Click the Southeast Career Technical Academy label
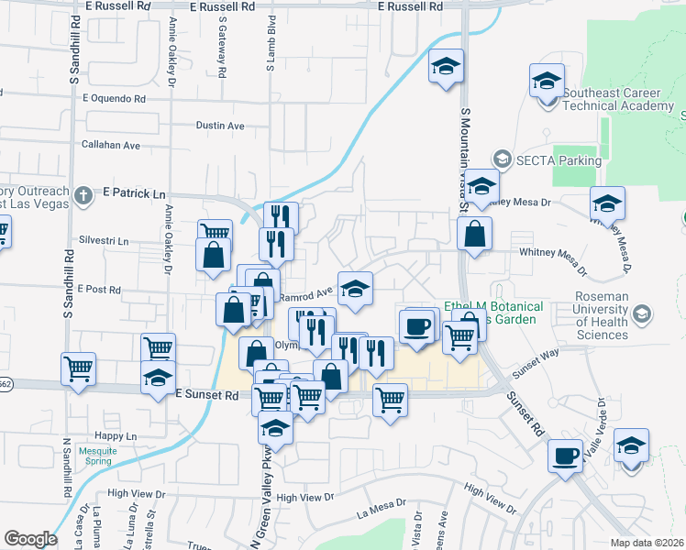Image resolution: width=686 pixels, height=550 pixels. pyautogui.click(x=618, y=99)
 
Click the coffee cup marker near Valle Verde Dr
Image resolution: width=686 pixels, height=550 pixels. pyautogui.click(x=565, y=456)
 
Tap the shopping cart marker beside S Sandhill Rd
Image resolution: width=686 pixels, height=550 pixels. pyautogui.click(x=78, y=368)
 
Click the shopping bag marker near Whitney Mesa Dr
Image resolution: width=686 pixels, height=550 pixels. pyautogui.click(x=474, y=235)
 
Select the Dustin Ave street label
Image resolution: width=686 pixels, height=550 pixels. pyautogui.click(x=221, y=126)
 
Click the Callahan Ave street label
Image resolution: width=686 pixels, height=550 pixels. pyautogui.click(x=111, y=145)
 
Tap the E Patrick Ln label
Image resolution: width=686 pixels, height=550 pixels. pyautogui.click(x=134, y=193)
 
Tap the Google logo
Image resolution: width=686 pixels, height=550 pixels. pyautogui.click(x=30, y=539)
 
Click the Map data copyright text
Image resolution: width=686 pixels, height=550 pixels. pyautogui.click(x=647, y=543)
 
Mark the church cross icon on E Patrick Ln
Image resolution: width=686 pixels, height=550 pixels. pyautogui.click(x=83, y=195)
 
